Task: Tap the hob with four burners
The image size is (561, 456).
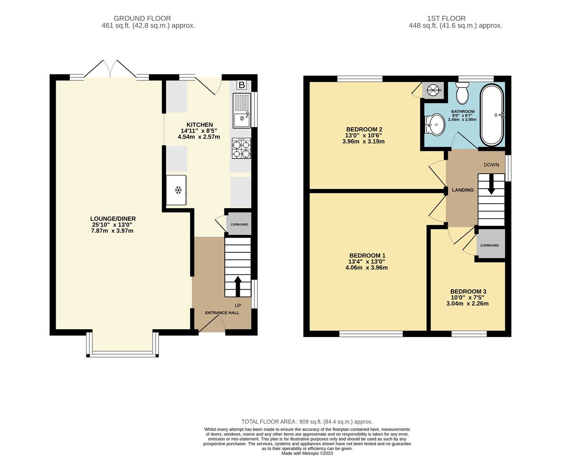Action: [x=241, y=149]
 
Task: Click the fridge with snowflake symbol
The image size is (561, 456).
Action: [x=177, y=190]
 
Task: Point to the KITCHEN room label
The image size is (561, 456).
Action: [x=199, y=125]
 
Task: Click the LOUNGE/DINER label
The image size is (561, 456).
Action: [x=113, y=219]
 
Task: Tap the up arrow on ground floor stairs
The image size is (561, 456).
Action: [x=238, y=286]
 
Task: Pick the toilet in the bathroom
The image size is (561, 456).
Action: [x=462, y=93]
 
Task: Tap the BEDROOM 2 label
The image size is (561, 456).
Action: [x=364, y=129]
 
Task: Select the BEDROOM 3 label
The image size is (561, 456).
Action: [x=468, y=291]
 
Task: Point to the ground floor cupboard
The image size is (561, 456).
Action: [x=239, y=224]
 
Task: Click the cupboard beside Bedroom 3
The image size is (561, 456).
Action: [x=490, y=245]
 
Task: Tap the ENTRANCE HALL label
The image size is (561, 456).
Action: [x=222, y=313]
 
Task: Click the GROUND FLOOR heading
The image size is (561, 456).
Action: [x=142, y=18]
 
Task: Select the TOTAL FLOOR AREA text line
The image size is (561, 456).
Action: [x=307, y=421]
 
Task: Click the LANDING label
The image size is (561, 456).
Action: [x=463, y=190]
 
